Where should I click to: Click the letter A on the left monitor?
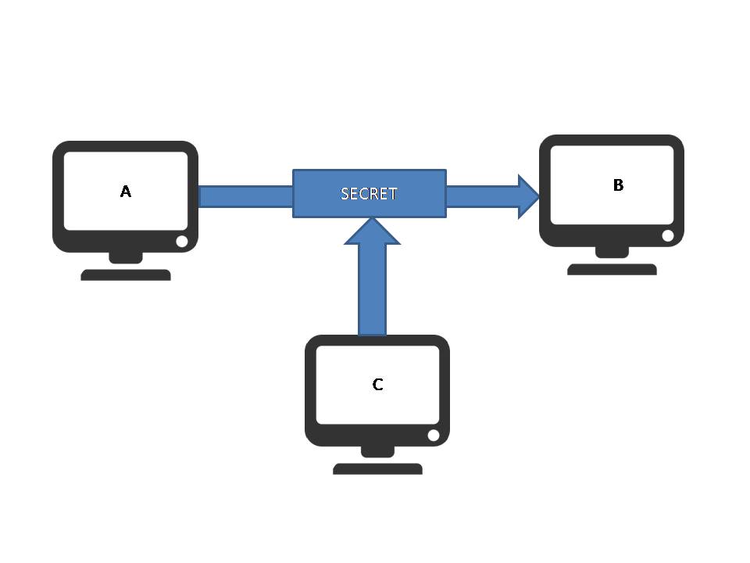click(125, 192)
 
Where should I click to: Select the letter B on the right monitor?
click(618, 185)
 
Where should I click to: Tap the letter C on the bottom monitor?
click(377, 385)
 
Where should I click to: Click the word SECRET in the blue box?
click(369, 193)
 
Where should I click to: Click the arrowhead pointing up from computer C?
click(373, 231)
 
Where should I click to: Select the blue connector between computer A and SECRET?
click(245, 196)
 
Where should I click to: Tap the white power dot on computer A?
click(182, 242)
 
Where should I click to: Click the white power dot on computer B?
click(668, 235)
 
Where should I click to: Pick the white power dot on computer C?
click(434, 436)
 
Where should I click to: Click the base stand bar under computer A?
click(126, 274)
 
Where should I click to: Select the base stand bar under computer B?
click(612, 269)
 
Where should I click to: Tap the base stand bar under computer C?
click(377, 469)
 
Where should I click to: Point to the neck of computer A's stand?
click(126, 257)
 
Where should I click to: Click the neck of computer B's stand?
click(612, 252)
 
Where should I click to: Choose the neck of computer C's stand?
click(377, 451)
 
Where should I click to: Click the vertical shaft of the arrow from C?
click(373, 289)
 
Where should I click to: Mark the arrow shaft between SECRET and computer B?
click(480, 196)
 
